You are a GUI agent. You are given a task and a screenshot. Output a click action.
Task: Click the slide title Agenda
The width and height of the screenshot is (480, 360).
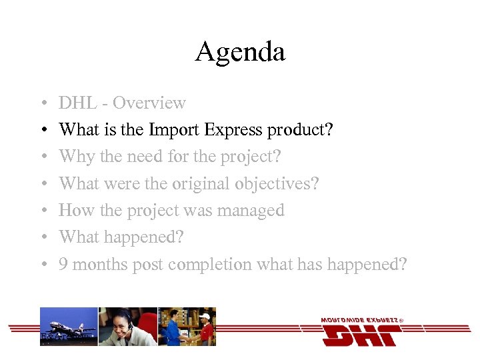coord(240,51)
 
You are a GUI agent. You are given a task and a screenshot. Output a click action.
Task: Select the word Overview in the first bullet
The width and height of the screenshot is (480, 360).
coord(149,103)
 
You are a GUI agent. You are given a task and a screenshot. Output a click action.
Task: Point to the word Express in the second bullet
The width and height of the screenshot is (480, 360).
coord(235,130)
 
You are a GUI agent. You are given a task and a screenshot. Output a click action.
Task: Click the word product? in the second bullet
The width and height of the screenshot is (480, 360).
coord(300,131)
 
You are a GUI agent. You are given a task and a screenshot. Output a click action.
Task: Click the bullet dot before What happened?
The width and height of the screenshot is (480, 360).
coord(42,238)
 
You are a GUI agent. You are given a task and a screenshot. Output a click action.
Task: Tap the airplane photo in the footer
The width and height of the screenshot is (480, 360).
coord(69,326)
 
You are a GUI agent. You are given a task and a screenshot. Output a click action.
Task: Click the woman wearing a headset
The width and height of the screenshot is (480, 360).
coord(127,326)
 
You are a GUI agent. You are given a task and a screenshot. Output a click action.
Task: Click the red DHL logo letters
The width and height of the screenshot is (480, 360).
coord(361,335)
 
